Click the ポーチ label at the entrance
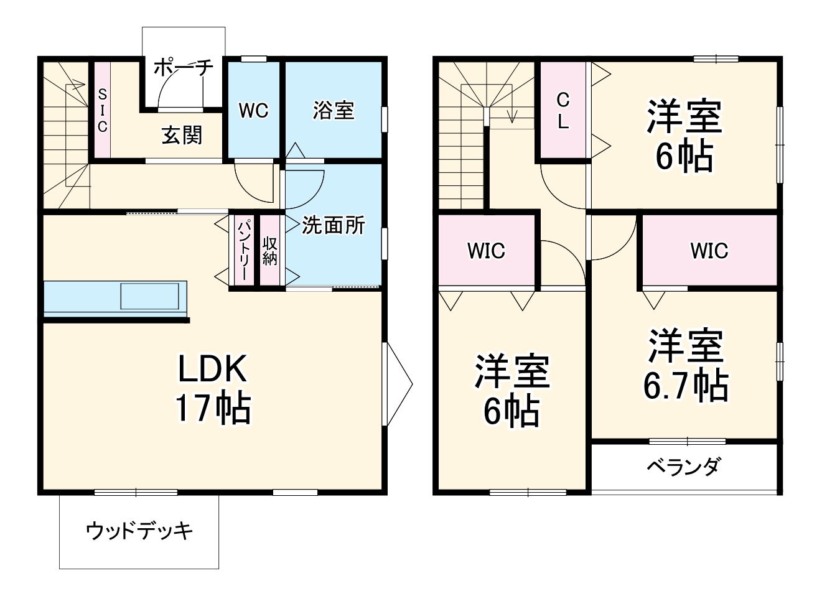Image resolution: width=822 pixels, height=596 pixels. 183,67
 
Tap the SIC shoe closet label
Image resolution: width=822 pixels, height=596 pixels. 102,110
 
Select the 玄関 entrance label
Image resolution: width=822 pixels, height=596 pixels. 182,134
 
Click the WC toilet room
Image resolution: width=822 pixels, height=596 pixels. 253,111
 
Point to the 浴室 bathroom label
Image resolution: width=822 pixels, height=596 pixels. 334,111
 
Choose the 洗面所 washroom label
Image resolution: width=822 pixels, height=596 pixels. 334,225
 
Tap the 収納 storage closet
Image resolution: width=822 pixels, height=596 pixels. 269,250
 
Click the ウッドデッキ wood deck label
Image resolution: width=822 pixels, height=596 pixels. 139,531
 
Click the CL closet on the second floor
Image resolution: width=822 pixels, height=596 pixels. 563,110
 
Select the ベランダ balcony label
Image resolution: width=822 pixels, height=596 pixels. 683,467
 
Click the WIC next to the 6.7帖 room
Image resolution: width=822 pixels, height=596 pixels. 709,251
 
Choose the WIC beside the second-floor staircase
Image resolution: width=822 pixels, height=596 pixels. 486,251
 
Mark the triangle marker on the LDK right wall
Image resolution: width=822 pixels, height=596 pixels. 398,384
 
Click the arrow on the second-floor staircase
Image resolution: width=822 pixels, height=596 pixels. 513,114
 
